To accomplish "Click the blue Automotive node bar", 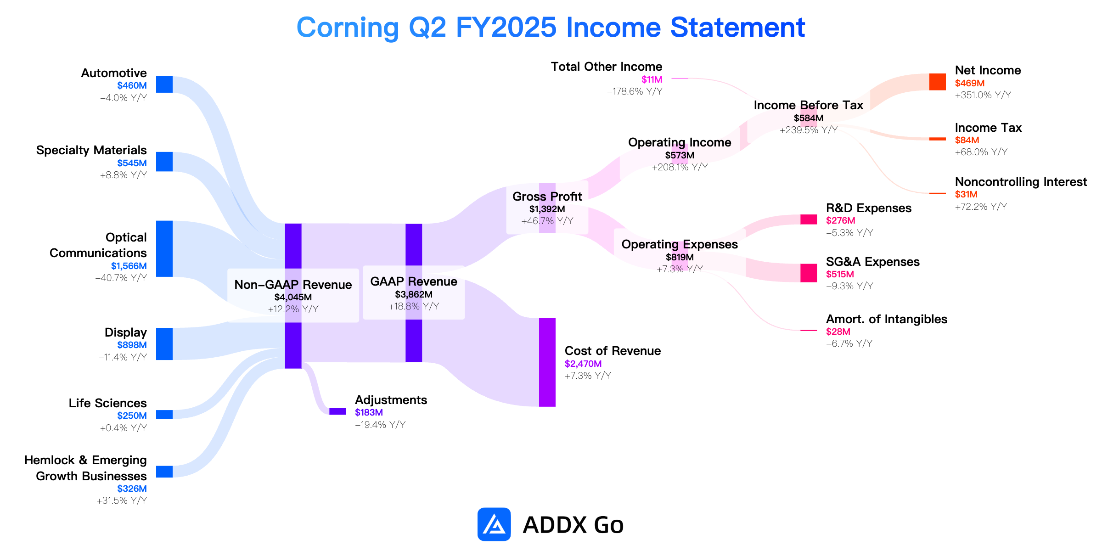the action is pos(164,84).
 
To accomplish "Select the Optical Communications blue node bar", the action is pos(164,249).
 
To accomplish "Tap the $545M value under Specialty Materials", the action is pos(132,163).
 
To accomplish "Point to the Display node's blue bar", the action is pos(164,344).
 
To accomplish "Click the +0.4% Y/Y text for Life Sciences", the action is pos(124,428).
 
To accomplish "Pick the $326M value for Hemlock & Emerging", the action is pos(132,489).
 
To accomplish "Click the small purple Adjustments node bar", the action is pos(337,411).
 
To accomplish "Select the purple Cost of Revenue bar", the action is pos(547,362).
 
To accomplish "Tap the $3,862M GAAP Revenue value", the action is pos(414,294).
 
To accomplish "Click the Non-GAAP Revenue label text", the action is pos(293,285).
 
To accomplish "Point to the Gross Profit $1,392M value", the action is pos(547,209).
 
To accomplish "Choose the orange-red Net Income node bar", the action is pos(938,82).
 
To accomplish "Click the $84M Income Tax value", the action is pos(967,140).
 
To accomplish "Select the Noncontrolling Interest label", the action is pos(1021,182).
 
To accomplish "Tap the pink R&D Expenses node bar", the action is pos(809,219).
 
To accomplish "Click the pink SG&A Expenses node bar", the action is pos(809,273).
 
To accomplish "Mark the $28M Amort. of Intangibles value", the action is pos(838,332).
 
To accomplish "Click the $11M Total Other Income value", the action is pos(652,79).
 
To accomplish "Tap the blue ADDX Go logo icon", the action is pos(494,524).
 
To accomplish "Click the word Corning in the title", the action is pos(348,28).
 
